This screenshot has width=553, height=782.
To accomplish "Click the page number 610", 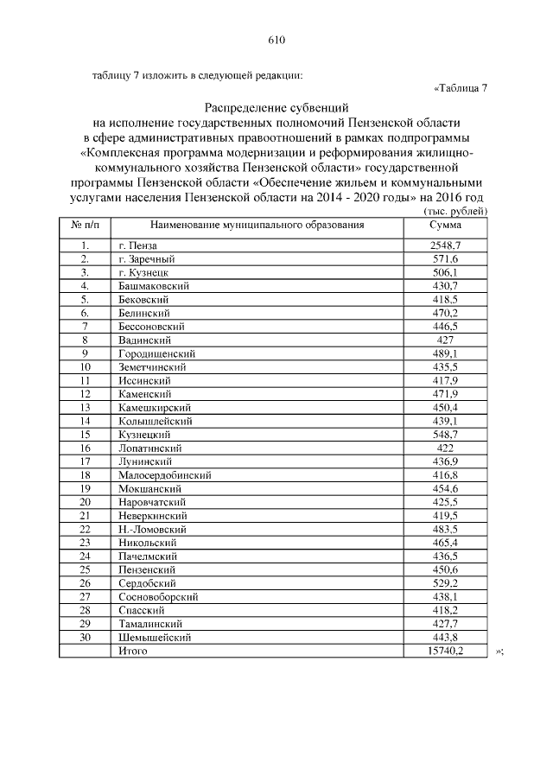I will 276,40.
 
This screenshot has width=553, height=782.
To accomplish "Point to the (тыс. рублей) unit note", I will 456,212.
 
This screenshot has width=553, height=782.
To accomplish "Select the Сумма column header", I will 445,226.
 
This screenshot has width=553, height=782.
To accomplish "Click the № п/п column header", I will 86,226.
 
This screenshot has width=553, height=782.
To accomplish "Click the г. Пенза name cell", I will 138,246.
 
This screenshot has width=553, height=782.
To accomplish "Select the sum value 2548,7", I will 446,246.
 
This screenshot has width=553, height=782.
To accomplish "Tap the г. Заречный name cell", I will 148,259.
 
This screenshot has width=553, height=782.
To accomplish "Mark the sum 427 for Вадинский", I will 446,340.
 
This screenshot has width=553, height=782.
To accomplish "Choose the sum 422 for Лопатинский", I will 446,448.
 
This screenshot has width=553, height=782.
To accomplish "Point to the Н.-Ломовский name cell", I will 153,529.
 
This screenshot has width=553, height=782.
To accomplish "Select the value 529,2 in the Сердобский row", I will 446,582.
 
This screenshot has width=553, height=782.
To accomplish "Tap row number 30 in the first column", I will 86,637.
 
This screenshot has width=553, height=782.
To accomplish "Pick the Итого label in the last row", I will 132,651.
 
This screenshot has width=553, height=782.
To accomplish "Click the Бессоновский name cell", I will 154,327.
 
